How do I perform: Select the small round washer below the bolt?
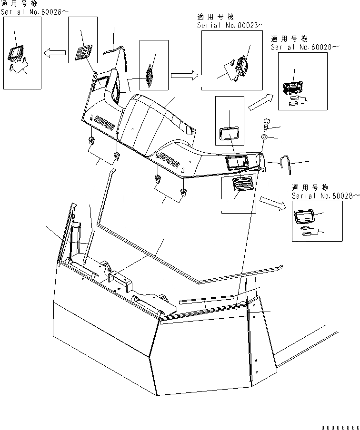[263, 137]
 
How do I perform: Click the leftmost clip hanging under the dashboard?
[90, 140]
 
